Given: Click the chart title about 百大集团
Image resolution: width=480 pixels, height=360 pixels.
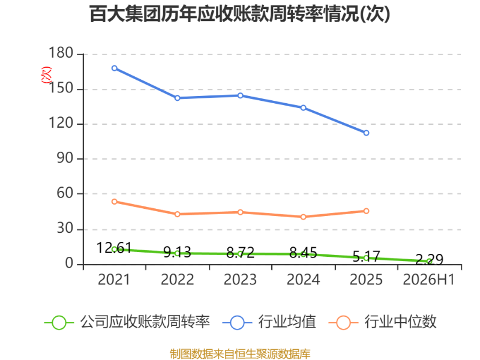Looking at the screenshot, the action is pyautogui.click(x=239, y=14).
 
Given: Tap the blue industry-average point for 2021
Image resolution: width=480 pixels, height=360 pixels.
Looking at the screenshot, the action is pyautogui.click(x=115, y=68).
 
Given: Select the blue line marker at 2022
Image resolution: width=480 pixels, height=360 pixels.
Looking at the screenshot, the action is pyautogui.click(x=177, y=98).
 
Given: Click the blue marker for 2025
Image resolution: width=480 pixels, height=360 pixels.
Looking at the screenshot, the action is pyautogui.click(x=366, y=133).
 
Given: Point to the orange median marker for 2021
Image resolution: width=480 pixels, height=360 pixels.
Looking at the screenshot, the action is pyautogui.click(x=115, y=202).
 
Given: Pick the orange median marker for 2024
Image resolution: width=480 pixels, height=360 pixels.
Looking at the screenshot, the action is pyautogui.click(x=303, y=217).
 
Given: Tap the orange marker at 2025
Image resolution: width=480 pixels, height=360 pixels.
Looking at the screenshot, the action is pyautogui.click(x=366, y=211).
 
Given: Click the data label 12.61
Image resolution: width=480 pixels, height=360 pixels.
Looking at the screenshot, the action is pyautogui.click(x=114, y=248).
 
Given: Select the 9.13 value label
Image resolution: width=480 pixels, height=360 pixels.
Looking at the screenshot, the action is pyautogui.click(x=177, y=252).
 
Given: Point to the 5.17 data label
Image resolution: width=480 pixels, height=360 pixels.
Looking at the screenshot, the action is pyautogui.click(x=366, y=256).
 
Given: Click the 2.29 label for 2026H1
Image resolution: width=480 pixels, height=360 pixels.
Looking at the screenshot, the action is pyautogui.click(x=429, y=260).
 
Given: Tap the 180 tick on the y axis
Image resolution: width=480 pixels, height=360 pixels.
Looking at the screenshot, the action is pyautogui.click(x=61, y=53).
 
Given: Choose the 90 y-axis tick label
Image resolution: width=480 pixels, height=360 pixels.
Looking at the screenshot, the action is pyautogui.click(x=65, y=158).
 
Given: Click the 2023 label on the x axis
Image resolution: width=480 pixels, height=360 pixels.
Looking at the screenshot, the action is pyautogui.click(x=240, y=280).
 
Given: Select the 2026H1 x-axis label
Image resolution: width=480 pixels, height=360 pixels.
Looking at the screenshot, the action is pyautogui.click(x=429, y=280).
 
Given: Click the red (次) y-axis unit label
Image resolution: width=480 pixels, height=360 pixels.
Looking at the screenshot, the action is pyautogui.click(x=46, y=74).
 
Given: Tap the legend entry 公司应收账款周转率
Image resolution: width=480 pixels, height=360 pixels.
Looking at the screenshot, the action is pyautogui.click(x=127, y=322).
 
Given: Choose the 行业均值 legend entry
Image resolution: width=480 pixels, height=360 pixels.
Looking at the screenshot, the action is pyautogui.click(x=269, y=322).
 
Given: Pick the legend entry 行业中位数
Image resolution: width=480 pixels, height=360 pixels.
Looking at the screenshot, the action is pyautogui.click(x=382, y=322).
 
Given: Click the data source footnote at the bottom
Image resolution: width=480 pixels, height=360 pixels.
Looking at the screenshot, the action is pyautogui.click(x=240, y=354).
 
